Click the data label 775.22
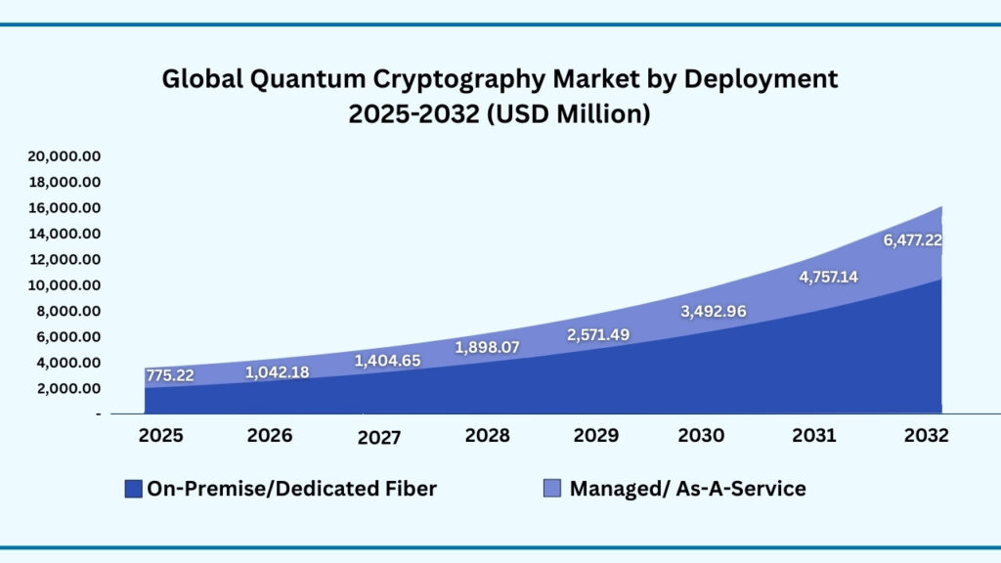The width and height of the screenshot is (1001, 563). [x=170, y=375]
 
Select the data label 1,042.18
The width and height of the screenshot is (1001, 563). [x=277, y=371]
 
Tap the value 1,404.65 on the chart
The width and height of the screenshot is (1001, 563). [x=387, y=361]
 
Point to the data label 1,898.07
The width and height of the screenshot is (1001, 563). [x=488, y=347]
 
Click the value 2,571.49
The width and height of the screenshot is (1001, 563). [x=598, y=334]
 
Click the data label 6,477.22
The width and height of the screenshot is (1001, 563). [x=913, y=239]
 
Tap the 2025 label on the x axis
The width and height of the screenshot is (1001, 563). [x=160, y=436]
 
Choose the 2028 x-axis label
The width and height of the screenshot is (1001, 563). [x=488, y=436]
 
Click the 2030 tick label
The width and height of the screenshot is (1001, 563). [x=701, y=436]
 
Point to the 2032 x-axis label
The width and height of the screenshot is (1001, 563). [x=926, y=436]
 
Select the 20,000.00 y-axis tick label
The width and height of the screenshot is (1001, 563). [x=65, y=156]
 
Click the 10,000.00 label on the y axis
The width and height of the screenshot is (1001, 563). [x=65, y=285]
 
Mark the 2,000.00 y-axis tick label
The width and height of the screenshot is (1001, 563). [x=68, y=388]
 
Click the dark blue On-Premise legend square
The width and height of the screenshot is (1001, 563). [x=133, y=488]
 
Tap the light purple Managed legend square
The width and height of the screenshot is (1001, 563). [x=551, y=488]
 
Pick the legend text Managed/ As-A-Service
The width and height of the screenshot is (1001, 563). [x=687, y=488]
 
